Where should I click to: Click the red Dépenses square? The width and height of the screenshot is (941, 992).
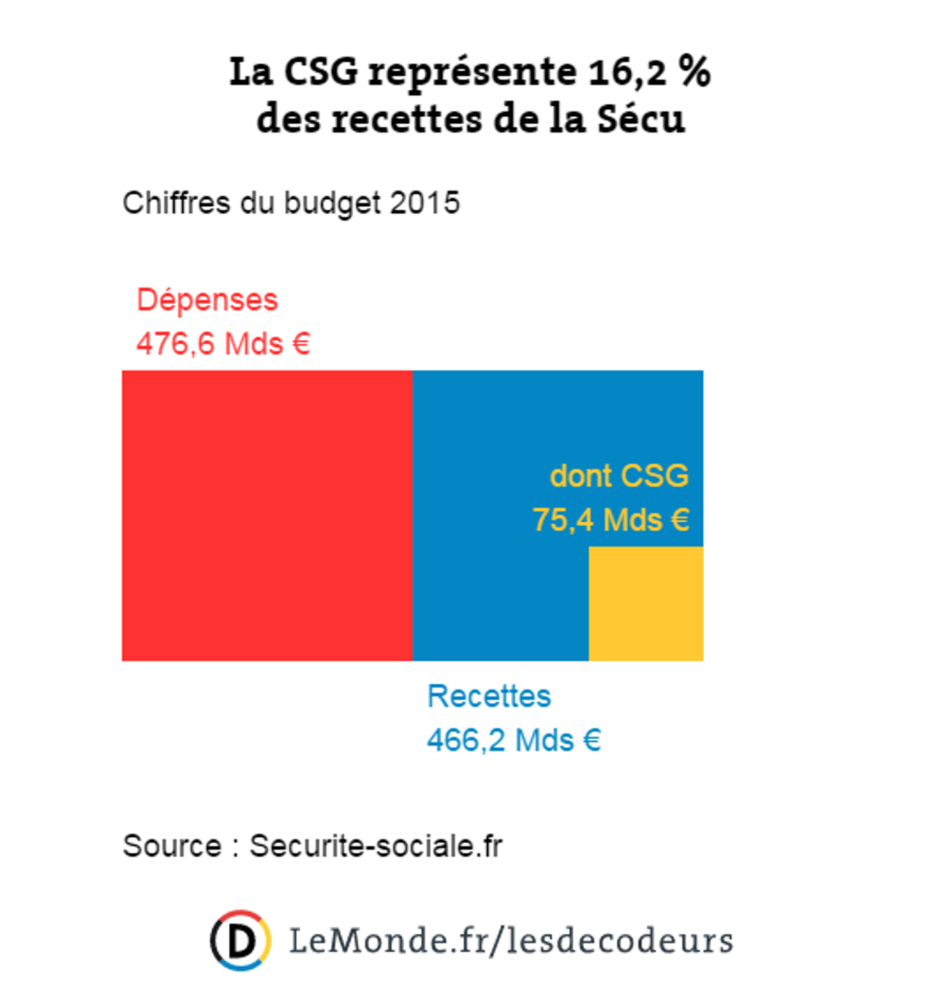tap(267, 516)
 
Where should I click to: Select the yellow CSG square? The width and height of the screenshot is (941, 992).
tap(646, 604)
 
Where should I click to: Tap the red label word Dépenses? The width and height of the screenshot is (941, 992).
tap(207, 300)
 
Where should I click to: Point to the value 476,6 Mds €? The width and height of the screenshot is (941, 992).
tap(223, 344)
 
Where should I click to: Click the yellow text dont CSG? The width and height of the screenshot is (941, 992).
tap(619, 476)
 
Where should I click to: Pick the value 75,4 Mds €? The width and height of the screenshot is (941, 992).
tap(611, 520)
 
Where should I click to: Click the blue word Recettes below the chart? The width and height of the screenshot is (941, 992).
tap(489, 697)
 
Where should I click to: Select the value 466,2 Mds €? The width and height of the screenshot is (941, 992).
tap(514, 741)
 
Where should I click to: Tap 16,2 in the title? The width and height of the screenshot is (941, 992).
tap(628, 72)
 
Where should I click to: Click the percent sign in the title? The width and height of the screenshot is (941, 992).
tap(694, 72)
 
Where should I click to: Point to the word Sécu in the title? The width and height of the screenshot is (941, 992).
tap(641, 119)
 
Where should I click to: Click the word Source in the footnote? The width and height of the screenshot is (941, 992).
tap(172, 846)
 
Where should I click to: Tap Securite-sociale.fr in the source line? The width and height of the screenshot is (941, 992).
tap(376, 846)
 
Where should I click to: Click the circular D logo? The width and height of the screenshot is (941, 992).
tap(240, 940)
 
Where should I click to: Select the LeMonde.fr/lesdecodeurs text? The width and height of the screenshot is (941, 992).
tap(511, 941)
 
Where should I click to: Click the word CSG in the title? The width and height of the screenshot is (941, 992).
tap(321, 72)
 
